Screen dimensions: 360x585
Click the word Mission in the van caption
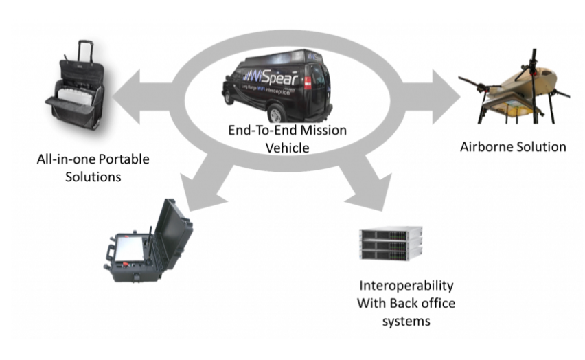point(323,130)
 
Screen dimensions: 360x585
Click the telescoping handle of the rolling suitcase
point(85,51)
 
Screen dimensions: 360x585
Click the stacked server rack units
point(391,244)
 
